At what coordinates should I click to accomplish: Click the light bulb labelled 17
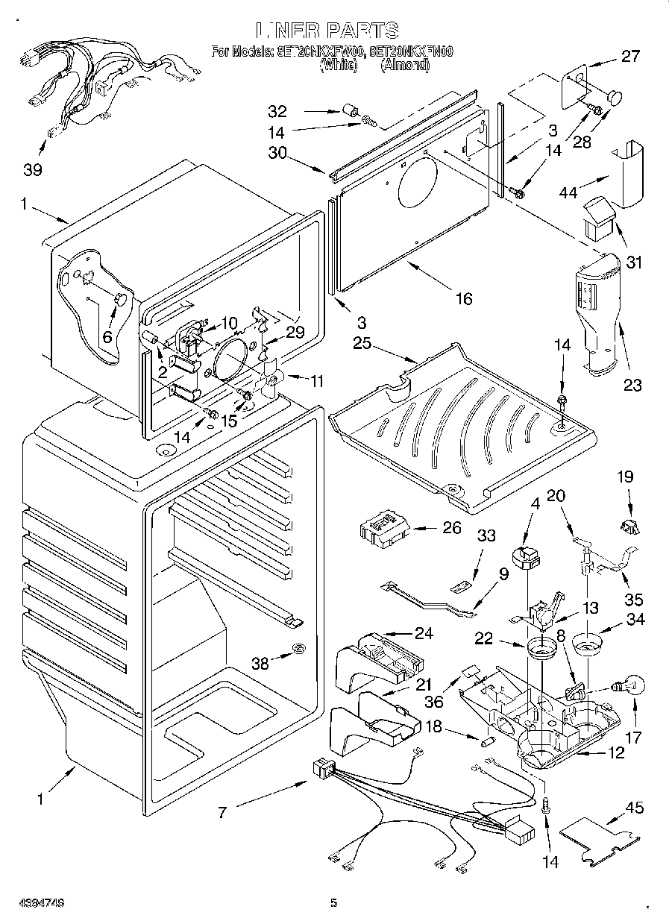coord(628,685)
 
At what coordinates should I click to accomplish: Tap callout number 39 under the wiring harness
coord(32,170)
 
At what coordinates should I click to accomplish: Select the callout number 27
coord(631,55)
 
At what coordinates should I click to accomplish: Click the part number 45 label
coord(635,808)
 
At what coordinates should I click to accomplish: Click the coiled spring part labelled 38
coord(298,649)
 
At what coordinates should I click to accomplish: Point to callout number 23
coord(632,386)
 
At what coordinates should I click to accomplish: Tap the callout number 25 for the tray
coord(362,345)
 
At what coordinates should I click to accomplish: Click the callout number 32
coord(277,112)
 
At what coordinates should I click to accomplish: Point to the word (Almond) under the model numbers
coord(405,65)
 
